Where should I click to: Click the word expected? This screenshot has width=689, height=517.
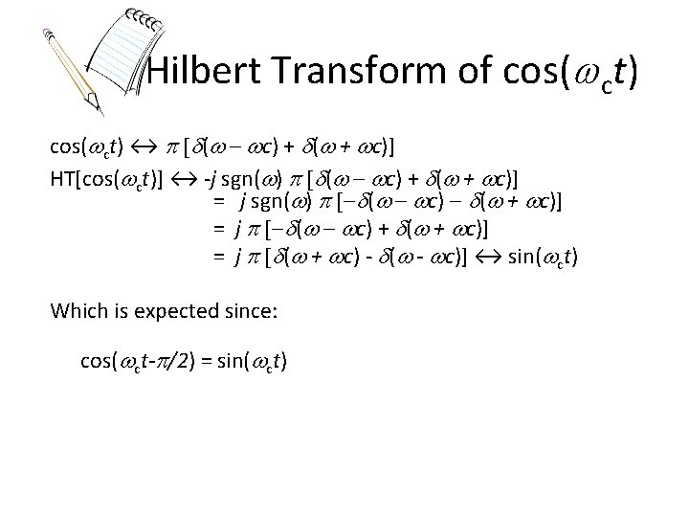189,311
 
